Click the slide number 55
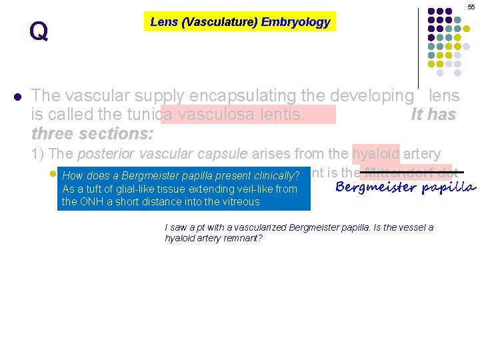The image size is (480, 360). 471,6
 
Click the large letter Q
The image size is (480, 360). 39,31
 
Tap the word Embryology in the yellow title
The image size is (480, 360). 295,22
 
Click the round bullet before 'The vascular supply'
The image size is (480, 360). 18,96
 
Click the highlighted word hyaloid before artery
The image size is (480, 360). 375,155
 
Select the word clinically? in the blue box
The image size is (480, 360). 274,176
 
